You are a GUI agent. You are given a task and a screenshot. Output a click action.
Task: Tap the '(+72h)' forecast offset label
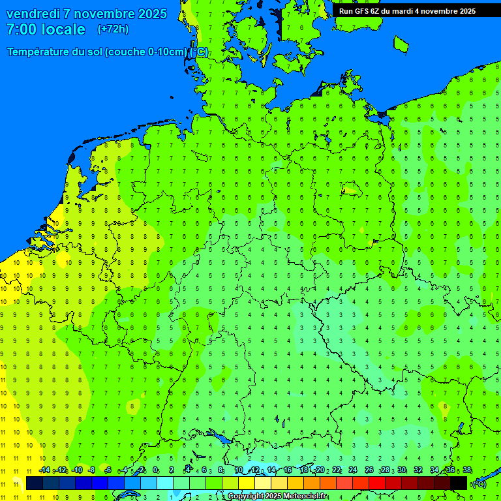click(113, 29)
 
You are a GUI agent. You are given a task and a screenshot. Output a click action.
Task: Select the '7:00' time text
click(19, 29)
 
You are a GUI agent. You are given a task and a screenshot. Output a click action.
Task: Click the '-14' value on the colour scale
click(44, 470)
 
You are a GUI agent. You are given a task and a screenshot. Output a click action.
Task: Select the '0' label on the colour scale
click(155, 470)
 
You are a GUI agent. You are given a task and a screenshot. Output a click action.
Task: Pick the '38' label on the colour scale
click(466, 470)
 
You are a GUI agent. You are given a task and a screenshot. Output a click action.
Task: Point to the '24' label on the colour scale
click(353, 470)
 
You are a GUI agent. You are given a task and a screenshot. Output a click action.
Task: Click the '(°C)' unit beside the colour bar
click(479, 484)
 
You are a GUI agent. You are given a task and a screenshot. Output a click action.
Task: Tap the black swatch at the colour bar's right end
click(459, 483)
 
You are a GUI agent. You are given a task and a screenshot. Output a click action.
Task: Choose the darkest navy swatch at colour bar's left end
click(35, 483)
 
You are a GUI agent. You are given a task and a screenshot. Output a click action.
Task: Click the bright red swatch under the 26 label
click(377, 483)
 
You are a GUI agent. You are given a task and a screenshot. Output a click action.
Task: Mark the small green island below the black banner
click(401, 44)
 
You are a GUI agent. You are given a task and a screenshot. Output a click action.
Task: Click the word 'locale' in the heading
click(63, 29)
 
